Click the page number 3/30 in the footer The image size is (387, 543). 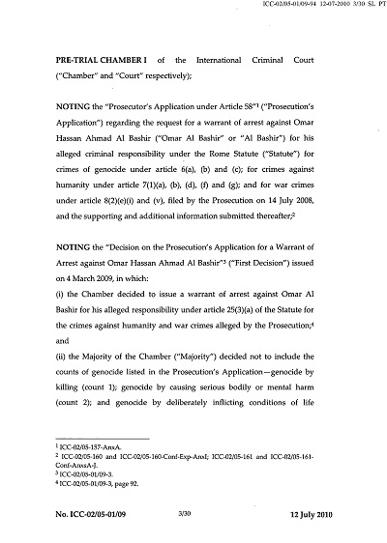[x=191, y=523]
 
